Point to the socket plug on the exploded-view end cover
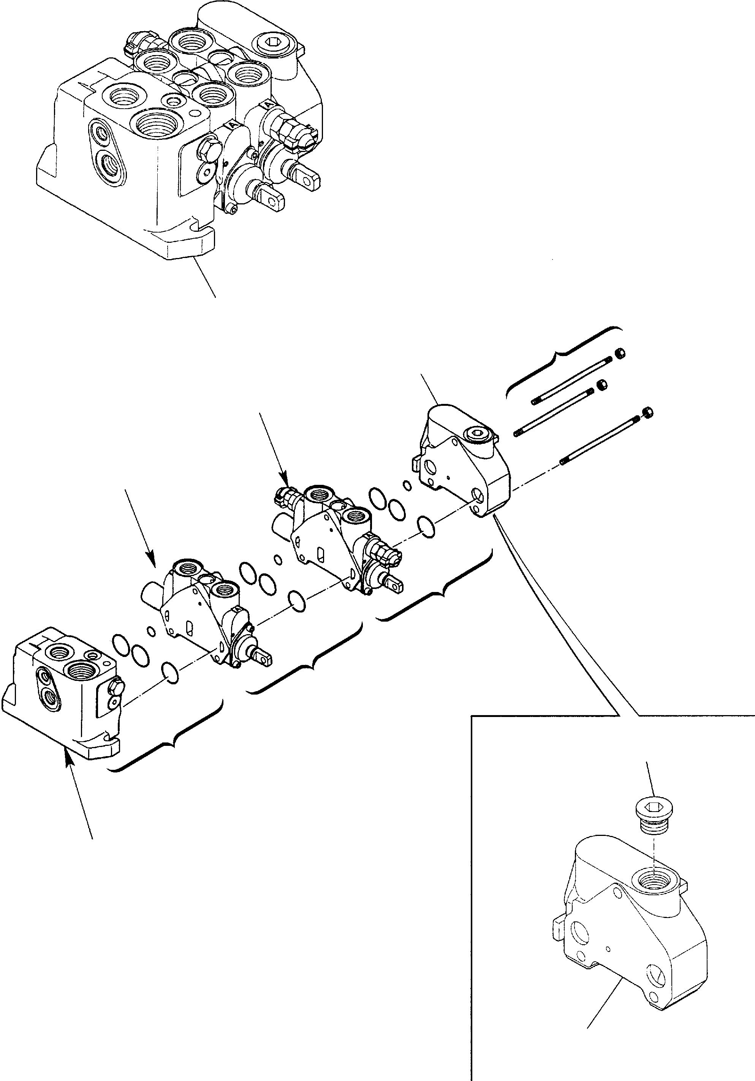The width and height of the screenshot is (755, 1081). click(480, 435)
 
